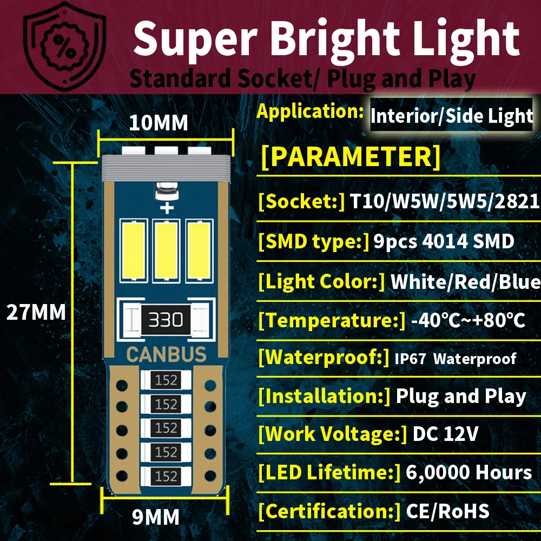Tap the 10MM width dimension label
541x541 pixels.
(159, 123)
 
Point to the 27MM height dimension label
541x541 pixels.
(36, 312)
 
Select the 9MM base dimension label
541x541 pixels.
(156, 517)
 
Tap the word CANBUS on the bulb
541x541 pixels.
(166, 355)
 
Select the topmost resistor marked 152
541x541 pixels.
(166, 380)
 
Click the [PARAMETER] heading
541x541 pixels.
(351, 156)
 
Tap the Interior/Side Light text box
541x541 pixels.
(452, 116)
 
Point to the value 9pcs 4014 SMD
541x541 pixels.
(444, 241)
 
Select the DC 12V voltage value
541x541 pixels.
(445, 434)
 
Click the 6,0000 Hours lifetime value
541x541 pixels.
(469, 472)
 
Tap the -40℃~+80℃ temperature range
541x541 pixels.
(468, 320)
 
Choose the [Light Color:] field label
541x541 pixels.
(321, 281)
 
